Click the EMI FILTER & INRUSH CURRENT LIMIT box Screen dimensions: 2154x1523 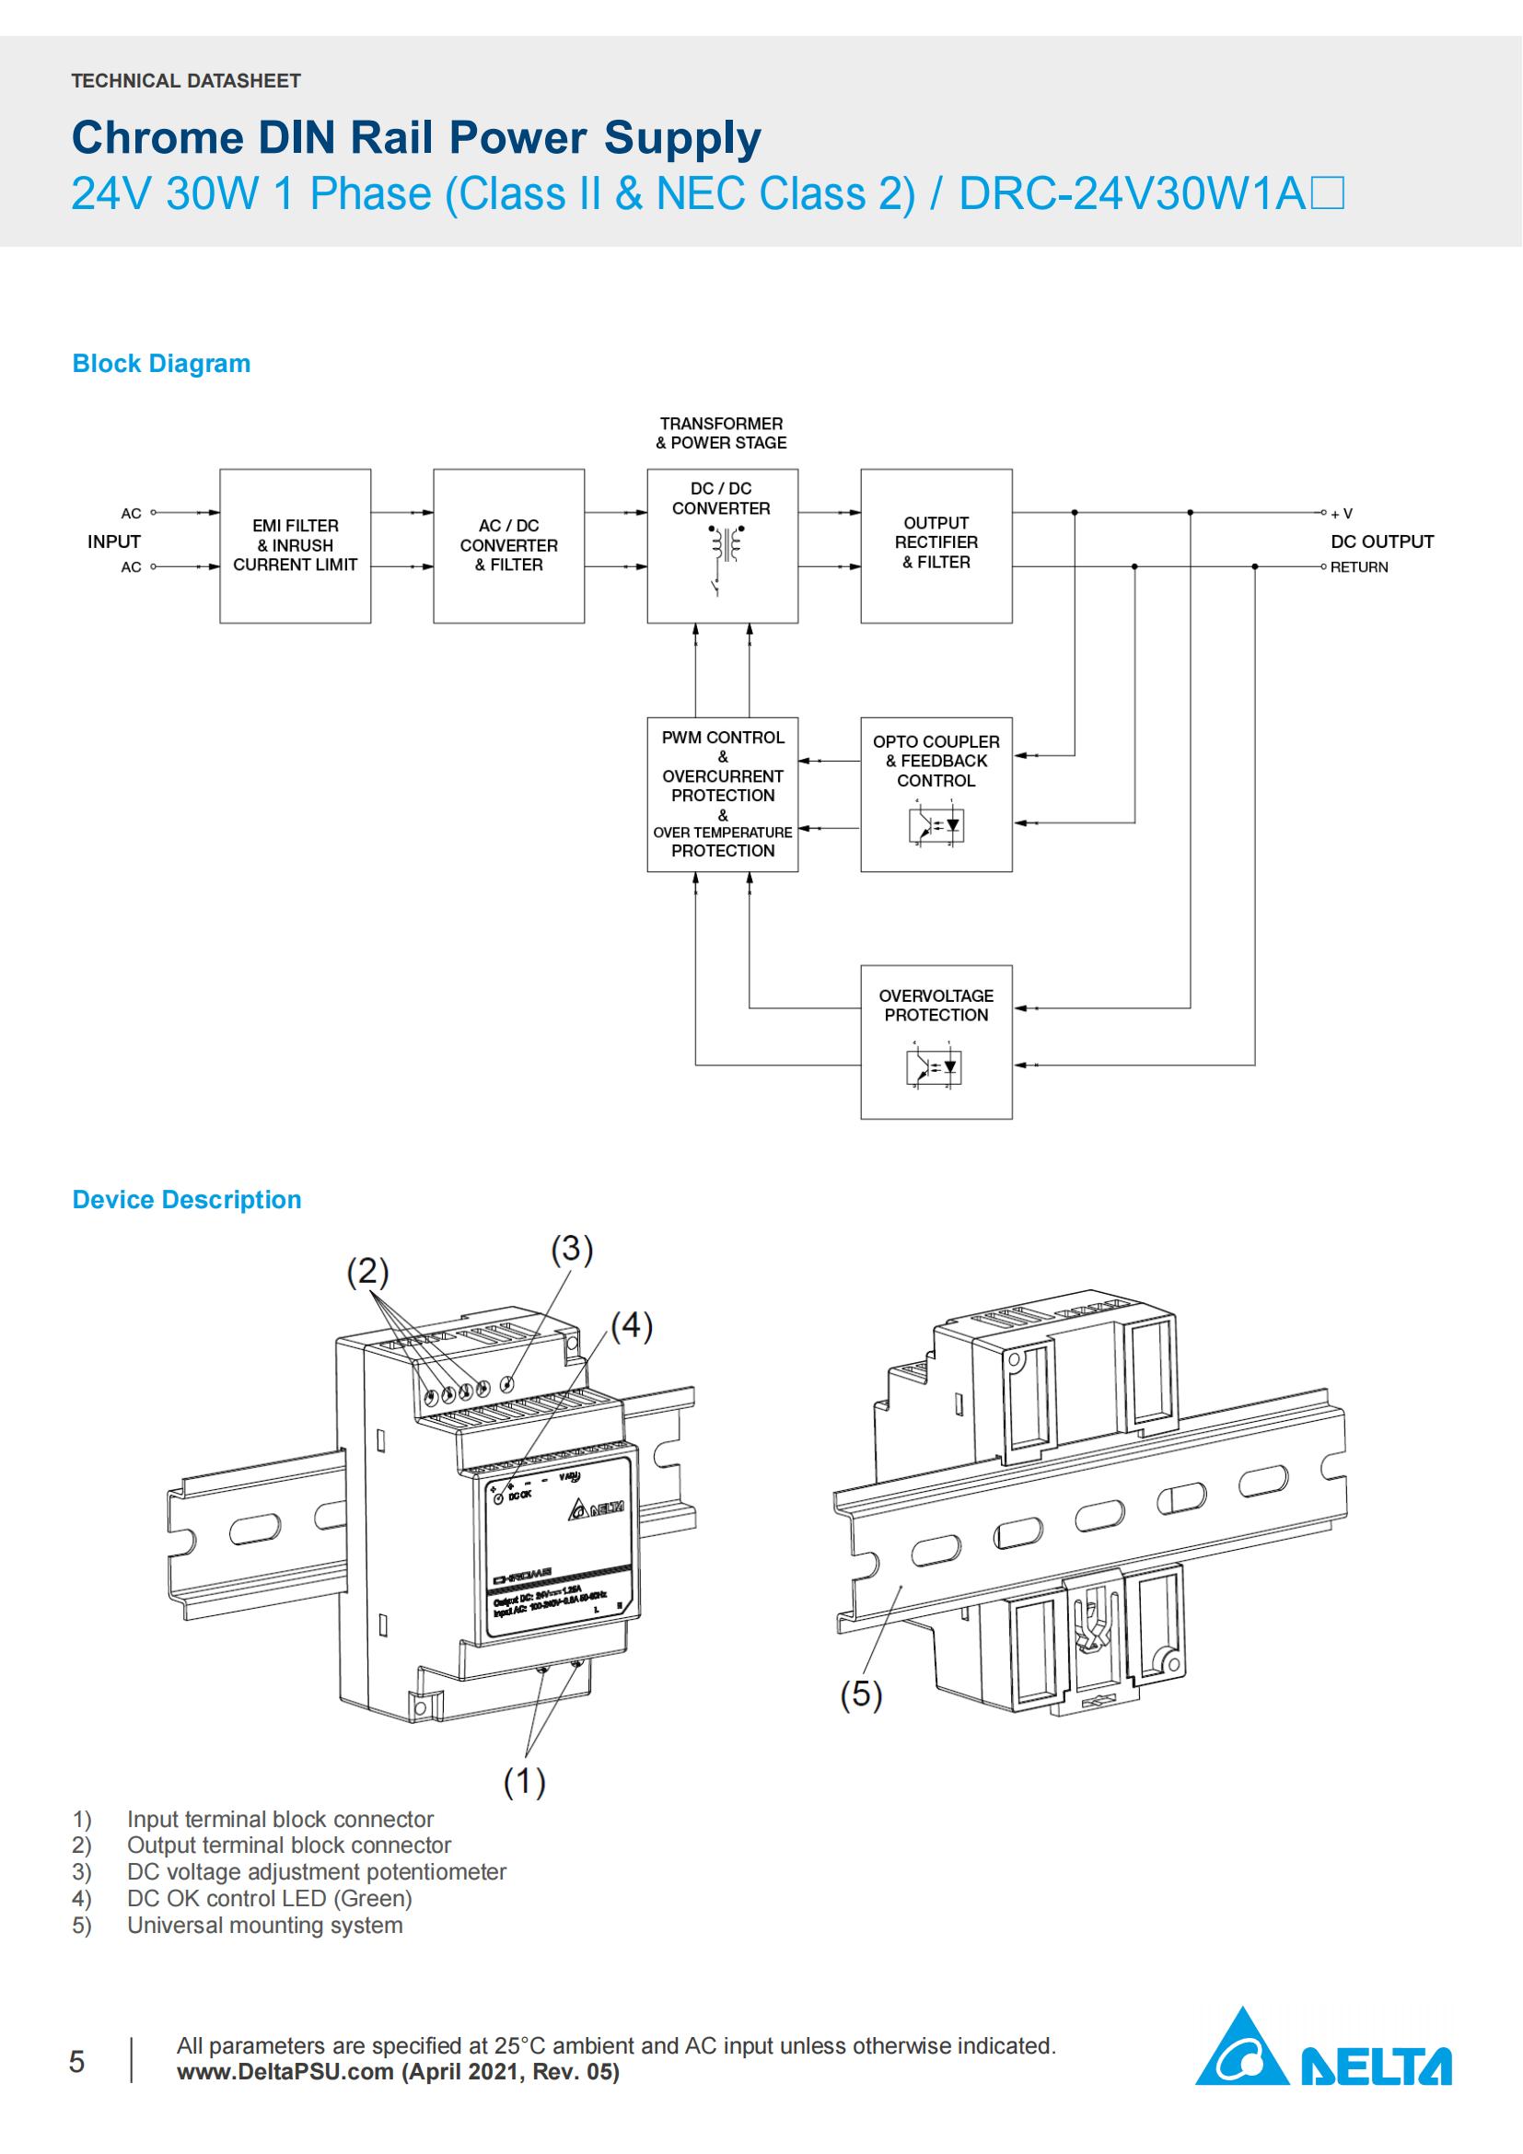point(295,545)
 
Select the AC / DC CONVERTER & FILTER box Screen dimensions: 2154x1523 point(508,545)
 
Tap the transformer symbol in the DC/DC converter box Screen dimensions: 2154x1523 point(723,544)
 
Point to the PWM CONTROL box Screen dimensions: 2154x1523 point(722,794)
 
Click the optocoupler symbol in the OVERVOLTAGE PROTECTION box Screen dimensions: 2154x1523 point(936,1066)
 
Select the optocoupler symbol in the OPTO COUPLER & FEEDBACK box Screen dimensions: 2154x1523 point(936,824)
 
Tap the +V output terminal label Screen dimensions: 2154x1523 point(1341,514)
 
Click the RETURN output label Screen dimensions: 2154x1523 point(1358,567)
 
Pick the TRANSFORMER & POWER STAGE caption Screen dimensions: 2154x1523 point(720,434)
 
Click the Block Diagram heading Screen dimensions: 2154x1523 point(161,364)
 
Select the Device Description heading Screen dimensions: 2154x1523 point(187,1200)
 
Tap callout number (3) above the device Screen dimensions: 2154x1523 point(572,1250)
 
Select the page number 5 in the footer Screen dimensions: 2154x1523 point(77,2061)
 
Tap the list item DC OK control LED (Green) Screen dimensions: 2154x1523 point(269,1899)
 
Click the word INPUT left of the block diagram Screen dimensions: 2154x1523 point(113,541)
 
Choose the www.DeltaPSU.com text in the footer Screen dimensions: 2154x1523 point(285,2072)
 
